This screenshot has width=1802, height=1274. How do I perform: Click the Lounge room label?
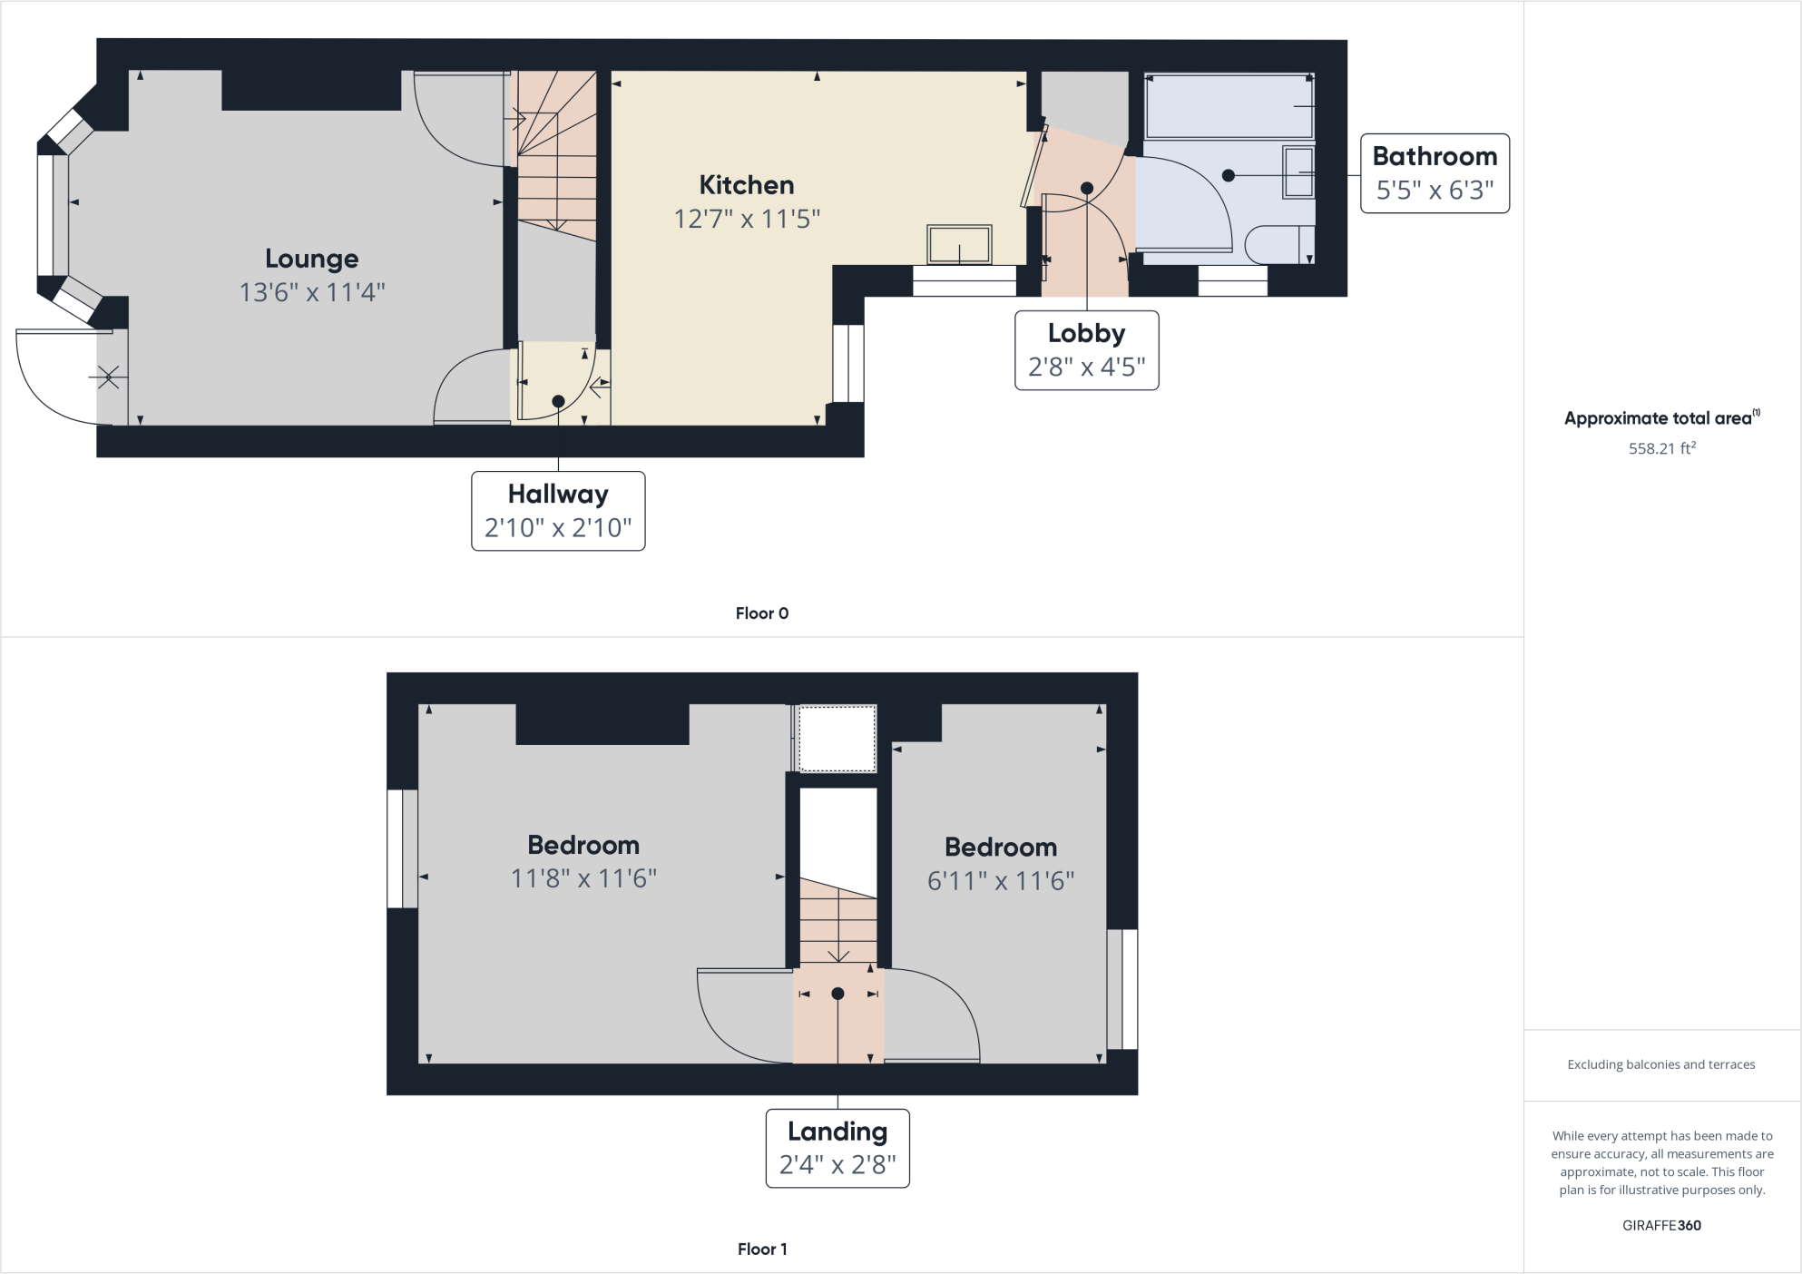coord(311,260)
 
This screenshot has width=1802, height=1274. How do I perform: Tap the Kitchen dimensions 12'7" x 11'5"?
coord(746,220)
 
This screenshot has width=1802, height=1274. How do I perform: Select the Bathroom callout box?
coord(1434,173)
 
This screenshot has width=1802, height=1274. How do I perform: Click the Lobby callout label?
coord(1086,350)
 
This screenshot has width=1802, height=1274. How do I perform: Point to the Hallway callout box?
coord(558,511)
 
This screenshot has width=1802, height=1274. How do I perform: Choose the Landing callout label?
coord(837,1148)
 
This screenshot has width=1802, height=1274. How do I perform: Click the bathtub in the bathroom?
coord(1227,106)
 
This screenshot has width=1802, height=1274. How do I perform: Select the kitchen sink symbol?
coord(959,244)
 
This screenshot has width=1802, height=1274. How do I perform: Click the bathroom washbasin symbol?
coord(1298,171)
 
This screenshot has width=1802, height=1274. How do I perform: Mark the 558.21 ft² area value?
coord(1661,448)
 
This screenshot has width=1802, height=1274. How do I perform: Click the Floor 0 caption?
coord(761,613)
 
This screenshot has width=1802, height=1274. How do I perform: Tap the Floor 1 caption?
coord(761,1249)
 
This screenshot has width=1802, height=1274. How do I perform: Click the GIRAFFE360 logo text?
coord(1660,1225)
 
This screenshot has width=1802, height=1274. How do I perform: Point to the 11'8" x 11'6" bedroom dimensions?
coord(583,878)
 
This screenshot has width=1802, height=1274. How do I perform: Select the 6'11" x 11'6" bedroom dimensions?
coord(1000,881)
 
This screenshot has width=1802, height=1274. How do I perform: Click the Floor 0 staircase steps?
coord(556,172)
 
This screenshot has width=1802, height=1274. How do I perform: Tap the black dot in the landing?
coord(837,994)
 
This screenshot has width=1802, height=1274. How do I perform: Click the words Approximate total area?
coord(1657,418)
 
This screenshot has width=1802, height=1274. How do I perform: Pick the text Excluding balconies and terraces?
coord(1660,1064)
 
